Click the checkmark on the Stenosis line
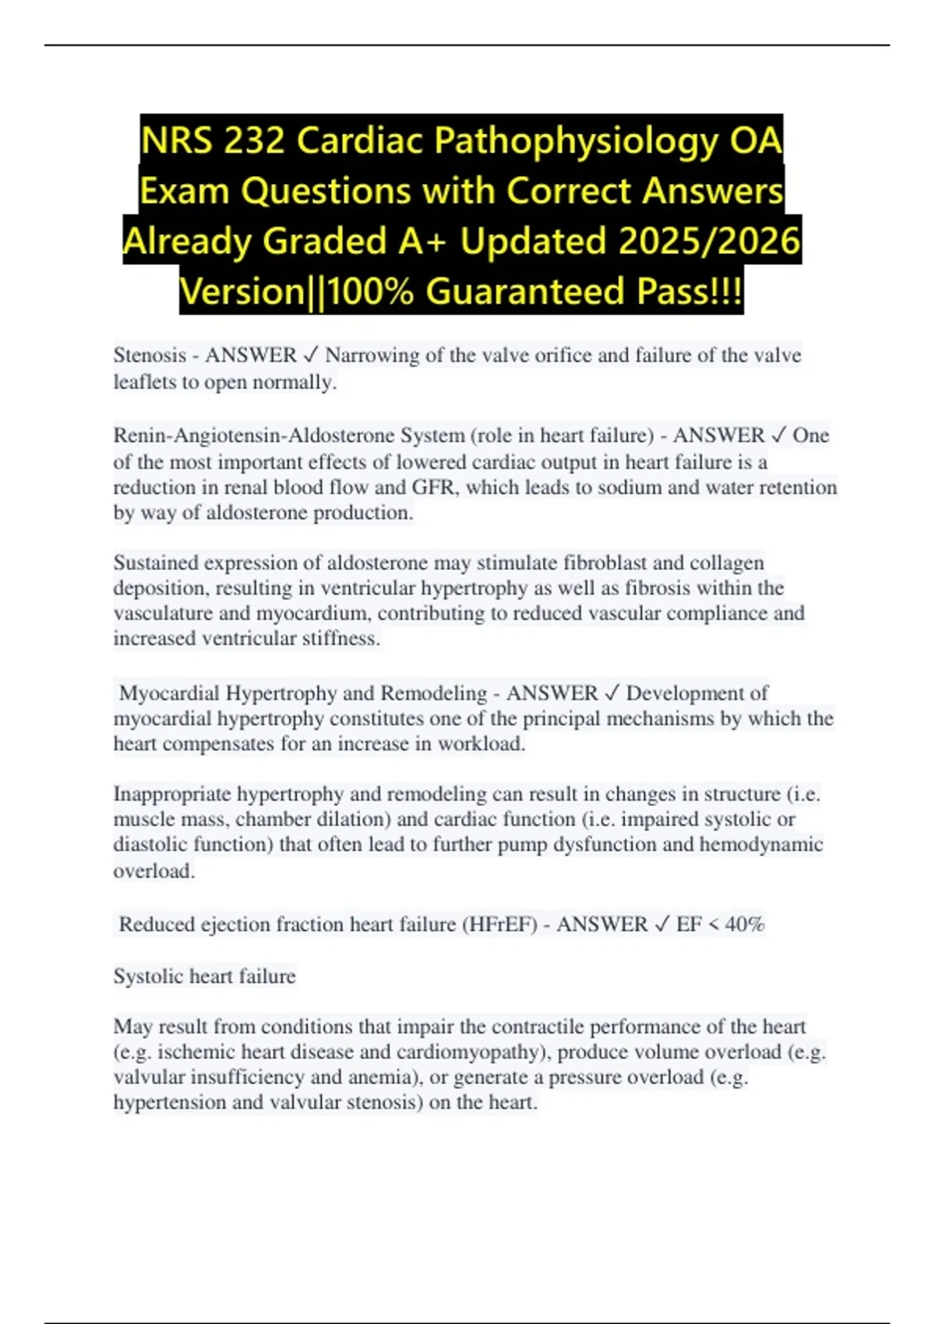pos(310,355)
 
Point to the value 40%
pos(744,924)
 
